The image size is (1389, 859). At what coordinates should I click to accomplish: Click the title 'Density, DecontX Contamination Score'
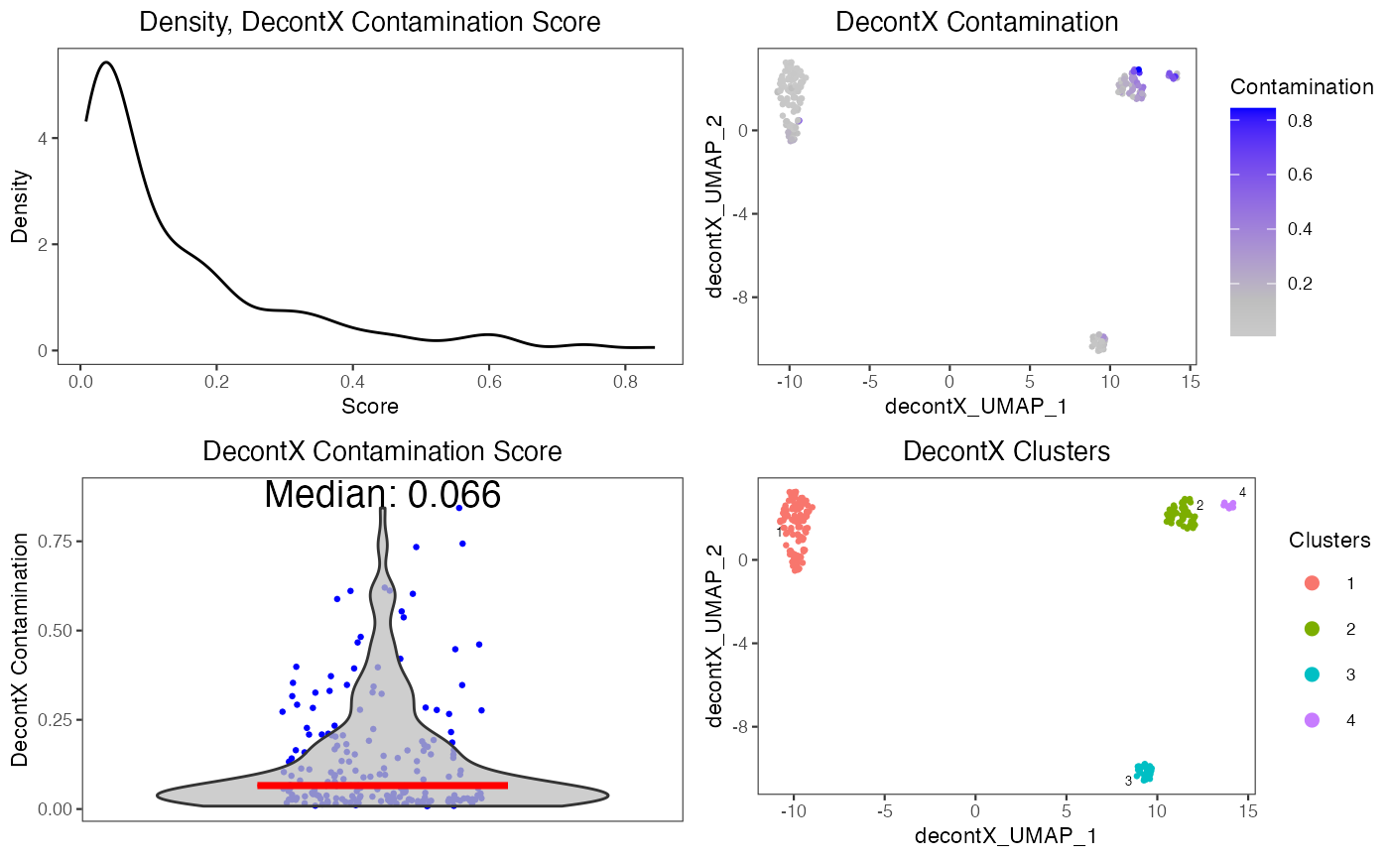pos(369,22)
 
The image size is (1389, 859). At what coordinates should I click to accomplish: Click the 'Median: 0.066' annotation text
pos(382,495)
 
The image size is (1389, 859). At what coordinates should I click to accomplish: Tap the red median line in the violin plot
pos(382,785)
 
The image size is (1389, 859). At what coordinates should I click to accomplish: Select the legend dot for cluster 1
pos(1312,583)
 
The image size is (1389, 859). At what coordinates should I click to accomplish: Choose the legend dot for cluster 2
pos(1312,629)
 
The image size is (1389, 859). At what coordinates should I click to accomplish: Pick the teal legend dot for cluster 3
pos(1312,675)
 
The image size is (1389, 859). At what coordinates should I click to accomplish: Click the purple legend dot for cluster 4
pos(1312,720)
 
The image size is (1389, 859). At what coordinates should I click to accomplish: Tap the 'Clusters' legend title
pos(1329,541)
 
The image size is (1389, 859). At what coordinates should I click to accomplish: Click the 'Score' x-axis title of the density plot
pos(369,406)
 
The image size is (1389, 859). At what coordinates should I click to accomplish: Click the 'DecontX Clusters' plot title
pos(1005,451)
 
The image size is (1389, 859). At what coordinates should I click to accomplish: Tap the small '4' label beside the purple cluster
pos(1242,493)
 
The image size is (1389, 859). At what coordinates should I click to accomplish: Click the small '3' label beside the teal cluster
pos(1128,781)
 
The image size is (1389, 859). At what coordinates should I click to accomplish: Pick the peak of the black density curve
pos(105,62)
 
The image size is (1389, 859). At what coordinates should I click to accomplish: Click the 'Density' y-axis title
pos(20,207)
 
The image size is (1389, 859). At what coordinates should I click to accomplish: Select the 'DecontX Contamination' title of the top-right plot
pos(976,22)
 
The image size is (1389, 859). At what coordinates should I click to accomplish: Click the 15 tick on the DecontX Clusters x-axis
pos(1248,810)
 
